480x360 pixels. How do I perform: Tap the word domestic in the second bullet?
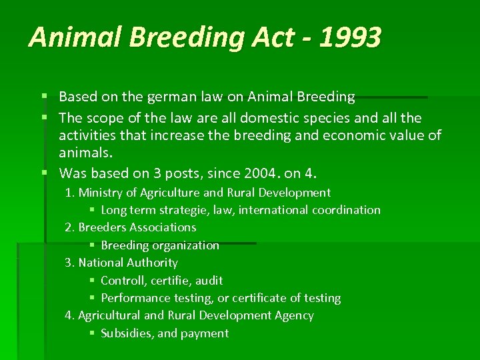point(259,118)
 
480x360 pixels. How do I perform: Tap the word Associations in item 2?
point(163,227)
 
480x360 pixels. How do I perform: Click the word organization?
point(187,245)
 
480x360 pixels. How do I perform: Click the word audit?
point(209,281)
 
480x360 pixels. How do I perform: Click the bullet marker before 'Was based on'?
point(44,174)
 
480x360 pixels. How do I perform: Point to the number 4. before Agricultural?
point(69,315)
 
